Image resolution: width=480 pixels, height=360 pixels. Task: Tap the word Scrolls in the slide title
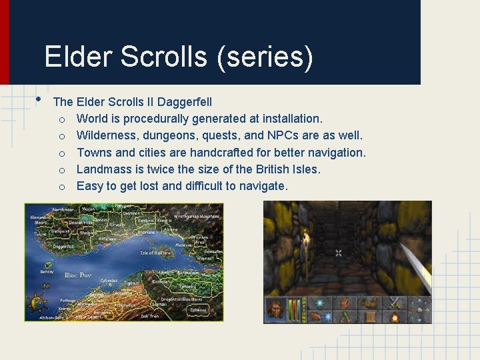tap(163, 57)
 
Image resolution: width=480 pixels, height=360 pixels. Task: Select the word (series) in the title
tap(265, 57)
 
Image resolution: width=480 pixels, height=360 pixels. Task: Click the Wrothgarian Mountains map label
tap(197, 217)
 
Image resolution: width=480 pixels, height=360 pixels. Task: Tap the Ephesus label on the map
tap(197, 309)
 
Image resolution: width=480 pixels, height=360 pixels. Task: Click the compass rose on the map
tap(36, 303)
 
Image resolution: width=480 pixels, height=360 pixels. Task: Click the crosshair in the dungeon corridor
tap(339, 253)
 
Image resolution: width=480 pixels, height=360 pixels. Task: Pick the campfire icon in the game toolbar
tap(394, 316)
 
